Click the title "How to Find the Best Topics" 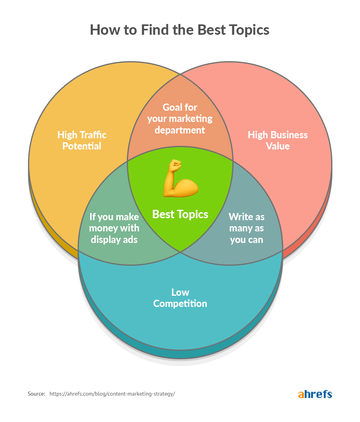(180, 30)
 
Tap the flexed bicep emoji (180, 178)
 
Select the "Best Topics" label (180, 215)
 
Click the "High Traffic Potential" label (82, 140)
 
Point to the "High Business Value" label (278, 140)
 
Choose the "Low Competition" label (180, 298)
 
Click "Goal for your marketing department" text (180, 119)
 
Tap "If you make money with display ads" (114, 228)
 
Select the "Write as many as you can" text (246, 228)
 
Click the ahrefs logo (315, 394)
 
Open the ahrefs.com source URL (112, 394)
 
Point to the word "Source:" (36, 394)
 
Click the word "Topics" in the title (248, 30)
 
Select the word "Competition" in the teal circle (180, 304)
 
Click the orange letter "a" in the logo (301, 395)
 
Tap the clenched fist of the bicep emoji (175, 164)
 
